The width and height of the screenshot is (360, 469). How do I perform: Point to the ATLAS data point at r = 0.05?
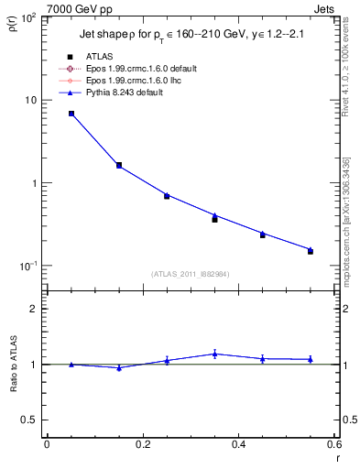71,114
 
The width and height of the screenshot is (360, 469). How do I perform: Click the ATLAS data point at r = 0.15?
119,166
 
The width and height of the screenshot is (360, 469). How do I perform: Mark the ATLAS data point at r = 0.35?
214,220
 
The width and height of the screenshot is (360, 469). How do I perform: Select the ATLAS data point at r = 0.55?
311,251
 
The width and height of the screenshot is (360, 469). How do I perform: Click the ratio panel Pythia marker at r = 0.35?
214,354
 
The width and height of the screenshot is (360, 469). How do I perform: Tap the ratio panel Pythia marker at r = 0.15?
119,367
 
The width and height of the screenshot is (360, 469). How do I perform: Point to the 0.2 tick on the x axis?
143,444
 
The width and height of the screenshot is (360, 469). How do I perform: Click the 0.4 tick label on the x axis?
238,444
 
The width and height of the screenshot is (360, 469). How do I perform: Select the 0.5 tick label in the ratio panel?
33,420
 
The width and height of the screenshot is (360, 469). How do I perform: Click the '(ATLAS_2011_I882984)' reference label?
191,274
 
